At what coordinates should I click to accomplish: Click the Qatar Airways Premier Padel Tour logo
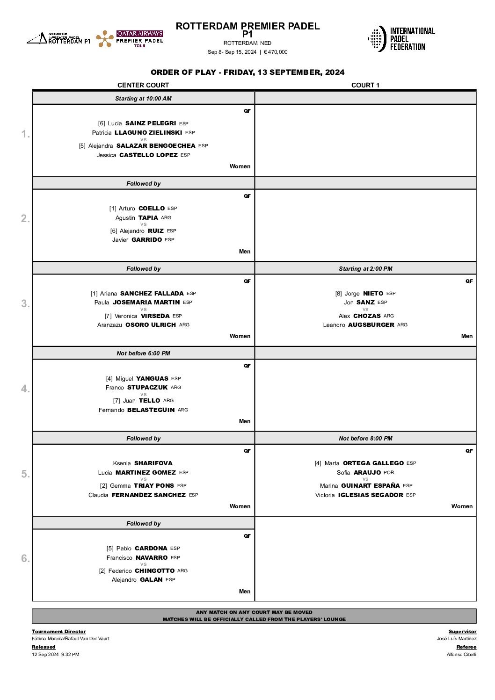(130, 39)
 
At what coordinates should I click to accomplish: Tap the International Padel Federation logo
(401, 39)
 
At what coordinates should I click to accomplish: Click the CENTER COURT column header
(143, 85)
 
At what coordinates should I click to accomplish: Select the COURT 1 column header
(365, 85)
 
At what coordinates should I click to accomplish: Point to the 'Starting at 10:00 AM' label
(143, 99)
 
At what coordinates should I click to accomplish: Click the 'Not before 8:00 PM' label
(365, 439)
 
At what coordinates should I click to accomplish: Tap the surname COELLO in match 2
(152, 209)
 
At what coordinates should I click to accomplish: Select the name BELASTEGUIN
(151, 410)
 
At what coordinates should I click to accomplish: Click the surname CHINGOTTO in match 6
(154, 571)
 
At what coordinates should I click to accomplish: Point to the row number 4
(25, 389)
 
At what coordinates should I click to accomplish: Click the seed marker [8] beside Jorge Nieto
(338, 294)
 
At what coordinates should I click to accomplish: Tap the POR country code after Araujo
(389, 473)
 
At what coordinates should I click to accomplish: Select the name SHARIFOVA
(153, 463)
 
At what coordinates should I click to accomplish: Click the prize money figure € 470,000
(276, 52)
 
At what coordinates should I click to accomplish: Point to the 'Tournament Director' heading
(59, 632)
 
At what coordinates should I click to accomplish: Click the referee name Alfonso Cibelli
(461, 655)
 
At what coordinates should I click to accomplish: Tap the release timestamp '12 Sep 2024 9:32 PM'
(56, 655)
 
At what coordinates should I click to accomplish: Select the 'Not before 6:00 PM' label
(143, 354)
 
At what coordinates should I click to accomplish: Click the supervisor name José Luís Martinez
(457, 639)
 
